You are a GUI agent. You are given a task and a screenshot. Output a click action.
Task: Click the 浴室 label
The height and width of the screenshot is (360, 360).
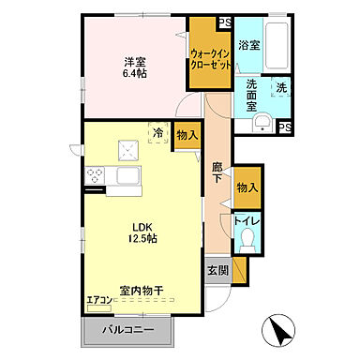pyautogui.click(x=248, y=44)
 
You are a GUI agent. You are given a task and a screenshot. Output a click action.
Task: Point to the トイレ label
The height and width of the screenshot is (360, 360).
pyautogui.click(x=247, y=221)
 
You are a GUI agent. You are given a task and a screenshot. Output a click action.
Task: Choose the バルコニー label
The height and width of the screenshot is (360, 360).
pyautogui.click(x=128, y=331)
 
